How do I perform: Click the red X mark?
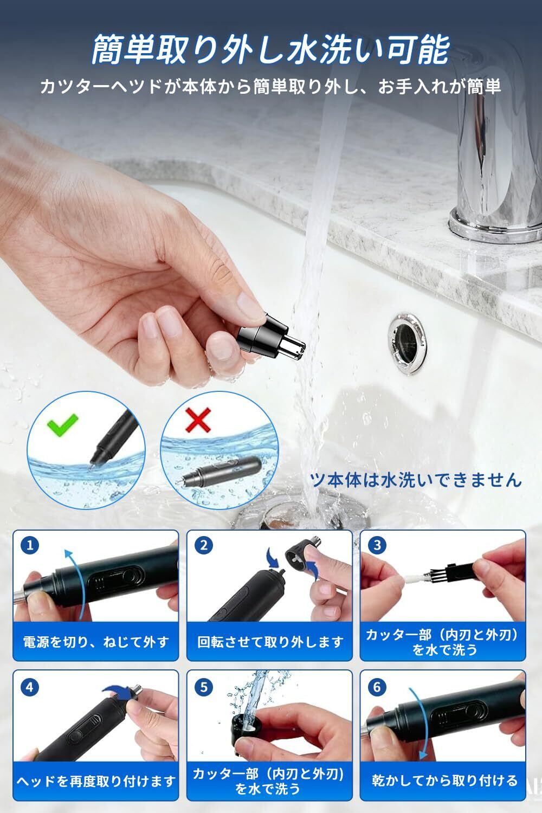(x=198, y=420)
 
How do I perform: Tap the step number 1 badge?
(x=30, y=545)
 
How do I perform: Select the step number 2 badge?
(x=204, y=545)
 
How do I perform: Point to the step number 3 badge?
(x=377, y=545)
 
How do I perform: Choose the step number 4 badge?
(x=30, y=687)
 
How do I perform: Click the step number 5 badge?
(x=204, y=687)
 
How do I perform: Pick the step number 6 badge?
(x=377, y=687)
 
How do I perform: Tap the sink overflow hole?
(x=408, y=343)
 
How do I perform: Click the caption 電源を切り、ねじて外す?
(x=96, y=642)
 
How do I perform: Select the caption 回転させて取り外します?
(x=270, y=642)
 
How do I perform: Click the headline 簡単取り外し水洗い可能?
(x=270, y=49)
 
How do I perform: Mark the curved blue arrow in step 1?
(x=78, y=583)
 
